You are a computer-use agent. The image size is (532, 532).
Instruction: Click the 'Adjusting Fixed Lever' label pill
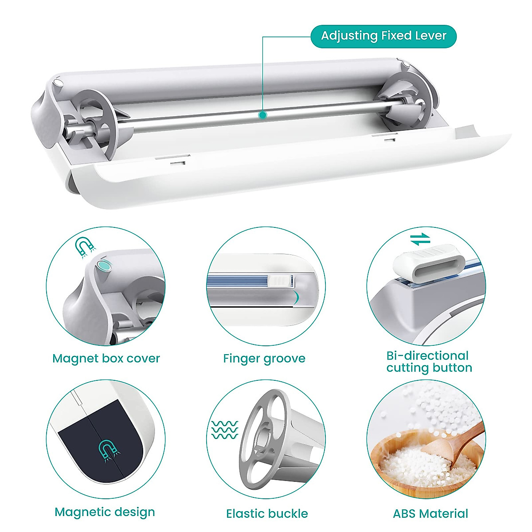[x=383, y=36]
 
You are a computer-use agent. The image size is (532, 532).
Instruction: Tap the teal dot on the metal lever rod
[x=262, y=115]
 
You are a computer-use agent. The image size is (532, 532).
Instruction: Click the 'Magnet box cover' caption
[x=106, y=358]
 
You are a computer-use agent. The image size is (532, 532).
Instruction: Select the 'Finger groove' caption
[x=264, y=358]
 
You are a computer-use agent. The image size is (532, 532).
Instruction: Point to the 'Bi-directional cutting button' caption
[x=429, y=362]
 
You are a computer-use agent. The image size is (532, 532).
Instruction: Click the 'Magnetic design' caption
[x=105, y=512]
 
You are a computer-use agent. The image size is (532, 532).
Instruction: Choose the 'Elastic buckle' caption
[x=267, y=513]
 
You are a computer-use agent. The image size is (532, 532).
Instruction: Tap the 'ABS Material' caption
[x=430, y=513]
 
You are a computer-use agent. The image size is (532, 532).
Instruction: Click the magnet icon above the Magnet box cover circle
[x=84, y=246]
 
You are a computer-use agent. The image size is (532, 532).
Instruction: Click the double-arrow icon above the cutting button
[x=420, y=239]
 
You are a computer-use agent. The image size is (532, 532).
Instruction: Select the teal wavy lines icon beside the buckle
[x=224, y=430]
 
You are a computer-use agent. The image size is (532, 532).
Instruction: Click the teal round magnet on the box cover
[x=104, y=266]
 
